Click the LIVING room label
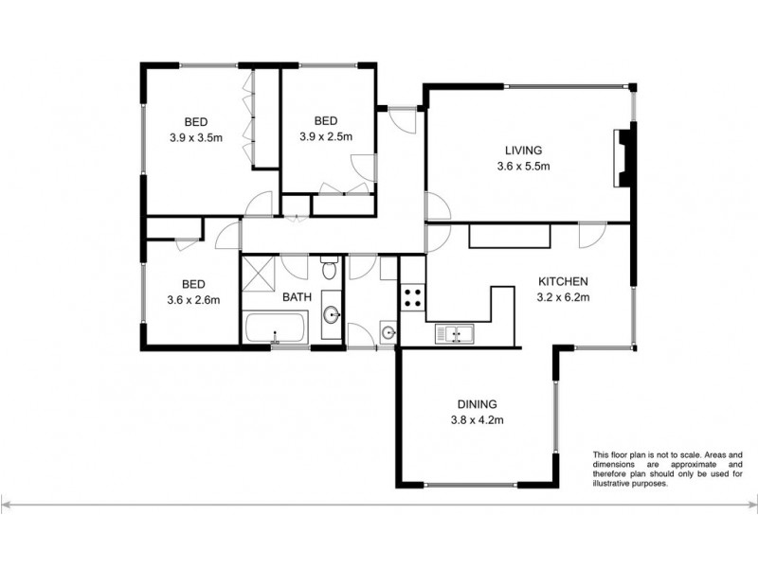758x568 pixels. coord(522,151)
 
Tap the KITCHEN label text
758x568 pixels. coord(564,281)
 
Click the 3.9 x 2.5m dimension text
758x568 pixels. coord(326,136)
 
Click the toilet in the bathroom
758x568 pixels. coord(328,270)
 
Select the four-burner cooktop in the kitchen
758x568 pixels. coord(413,299)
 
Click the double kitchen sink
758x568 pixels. coord(455,334)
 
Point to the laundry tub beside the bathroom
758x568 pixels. coord(388,332)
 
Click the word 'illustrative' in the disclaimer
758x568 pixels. coord(617,483)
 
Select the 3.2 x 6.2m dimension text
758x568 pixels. coord(564,297)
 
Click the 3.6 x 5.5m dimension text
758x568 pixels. coord(522,167)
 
